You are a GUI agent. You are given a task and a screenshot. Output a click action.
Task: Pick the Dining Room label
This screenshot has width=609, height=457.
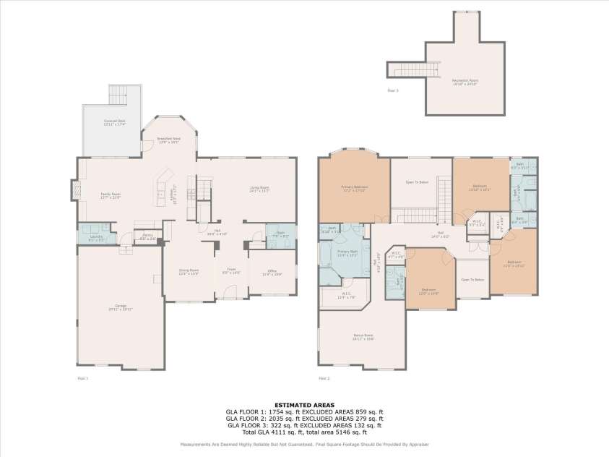coord(189,272)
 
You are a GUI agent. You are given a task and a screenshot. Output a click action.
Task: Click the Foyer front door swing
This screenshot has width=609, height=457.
coord(230,291)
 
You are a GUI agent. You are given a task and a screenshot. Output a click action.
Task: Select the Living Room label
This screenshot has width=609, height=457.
coord(259,189)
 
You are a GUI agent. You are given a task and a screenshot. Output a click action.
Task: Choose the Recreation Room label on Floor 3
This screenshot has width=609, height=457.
coord(465,81)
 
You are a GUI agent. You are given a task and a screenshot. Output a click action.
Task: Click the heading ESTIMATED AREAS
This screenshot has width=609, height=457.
coord(304,406)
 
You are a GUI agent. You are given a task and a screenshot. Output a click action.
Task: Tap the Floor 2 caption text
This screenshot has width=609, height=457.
coord(323,378)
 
